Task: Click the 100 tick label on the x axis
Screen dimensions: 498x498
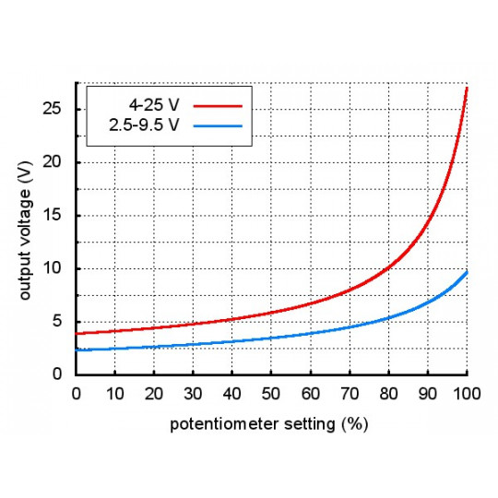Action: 467,394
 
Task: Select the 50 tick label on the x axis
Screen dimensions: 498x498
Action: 271,394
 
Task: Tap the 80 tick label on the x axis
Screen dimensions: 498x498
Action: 388,394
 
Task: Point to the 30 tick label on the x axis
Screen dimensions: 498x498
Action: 193,394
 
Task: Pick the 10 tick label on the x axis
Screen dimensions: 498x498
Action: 114,394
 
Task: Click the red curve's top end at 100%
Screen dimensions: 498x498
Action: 467,89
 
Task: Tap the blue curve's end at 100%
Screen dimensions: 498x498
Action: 467,272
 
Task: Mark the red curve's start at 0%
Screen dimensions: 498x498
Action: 77,333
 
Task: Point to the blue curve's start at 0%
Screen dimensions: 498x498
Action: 77,350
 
